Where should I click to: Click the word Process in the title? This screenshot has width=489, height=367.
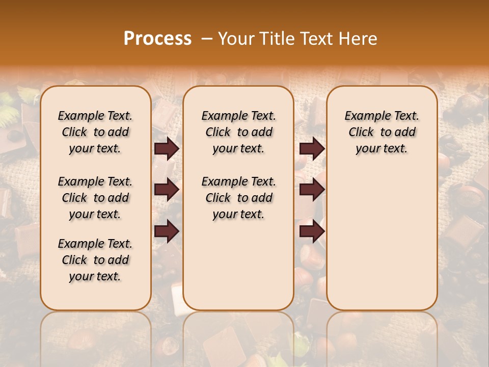tap(157, 38)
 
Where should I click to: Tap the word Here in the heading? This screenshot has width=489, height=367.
tap(359, 38)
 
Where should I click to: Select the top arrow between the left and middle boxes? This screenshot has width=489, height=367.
tap(167, 148)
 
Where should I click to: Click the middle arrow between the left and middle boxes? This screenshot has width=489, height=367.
tap(167, 190)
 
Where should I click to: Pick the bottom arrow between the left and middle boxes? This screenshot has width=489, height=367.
tap(167, 231)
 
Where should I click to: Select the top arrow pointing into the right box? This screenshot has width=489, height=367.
tap(312, 148)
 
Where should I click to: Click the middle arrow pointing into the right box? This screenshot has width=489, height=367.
tap(312, 190)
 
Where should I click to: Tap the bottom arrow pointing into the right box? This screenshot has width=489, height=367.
tap(312, 231)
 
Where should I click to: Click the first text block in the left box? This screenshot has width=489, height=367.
tap(95, 132)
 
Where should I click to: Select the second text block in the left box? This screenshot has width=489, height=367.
tap(95, 198)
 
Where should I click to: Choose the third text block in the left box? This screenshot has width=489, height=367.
tap(95, 260)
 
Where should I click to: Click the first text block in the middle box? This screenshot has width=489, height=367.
tap(238, 132)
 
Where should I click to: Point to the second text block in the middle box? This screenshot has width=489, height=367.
tap(238, 198)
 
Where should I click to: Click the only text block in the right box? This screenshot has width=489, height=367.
tap(382, 132)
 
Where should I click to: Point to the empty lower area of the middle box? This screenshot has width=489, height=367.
tap(238, 265)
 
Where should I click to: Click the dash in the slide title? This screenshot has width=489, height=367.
tap(206, 38)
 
